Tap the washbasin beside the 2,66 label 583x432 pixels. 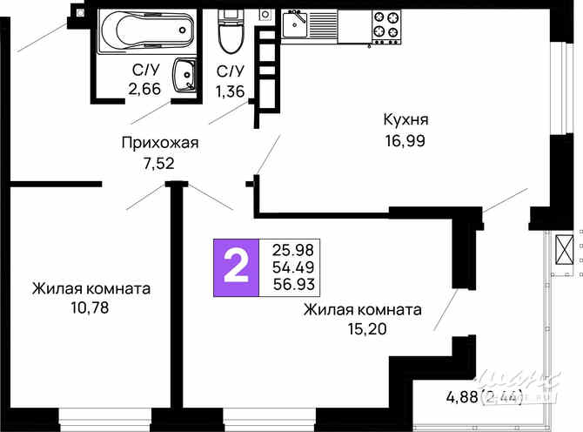[x=184, y=74]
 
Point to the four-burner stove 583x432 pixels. [x=385, y=26]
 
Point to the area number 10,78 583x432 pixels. [x=90, y=307]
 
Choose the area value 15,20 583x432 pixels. [x=362, y=328]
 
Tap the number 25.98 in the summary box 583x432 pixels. [x=292, y=248]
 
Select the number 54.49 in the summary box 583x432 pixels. [x=292, y=266]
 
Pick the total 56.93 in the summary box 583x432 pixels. [x=292, y=283]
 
